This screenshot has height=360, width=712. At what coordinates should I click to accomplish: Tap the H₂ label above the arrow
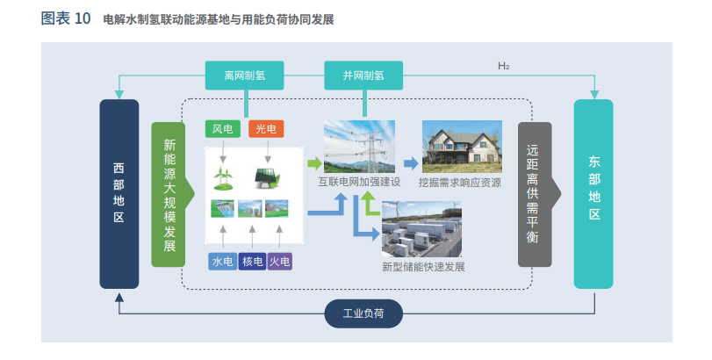coord(503,66)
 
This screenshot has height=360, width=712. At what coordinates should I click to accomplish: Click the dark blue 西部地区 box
coord(119,194)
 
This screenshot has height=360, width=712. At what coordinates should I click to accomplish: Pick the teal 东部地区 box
coord(593,194)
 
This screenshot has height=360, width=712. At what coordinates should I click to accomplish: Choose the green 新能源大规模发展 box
coord(169,194)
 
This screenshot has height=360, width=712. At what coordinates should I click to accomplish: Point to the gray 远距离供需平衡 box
coord(534,194)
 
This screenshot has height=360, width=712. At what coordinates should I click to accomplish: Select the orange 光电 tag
coord(265,129)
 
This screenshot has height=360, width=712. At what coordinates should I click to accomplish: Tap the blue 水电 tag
coord(222,261)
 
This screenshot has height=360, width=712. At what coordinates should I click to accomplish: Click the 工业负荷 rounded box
coord(363,313)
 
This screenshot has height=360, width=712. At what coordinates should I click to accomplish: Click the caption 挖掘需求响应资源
coord(460,183)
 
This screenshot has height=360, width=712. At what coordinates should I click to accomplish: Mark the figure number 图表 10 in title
coord(66,18)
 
